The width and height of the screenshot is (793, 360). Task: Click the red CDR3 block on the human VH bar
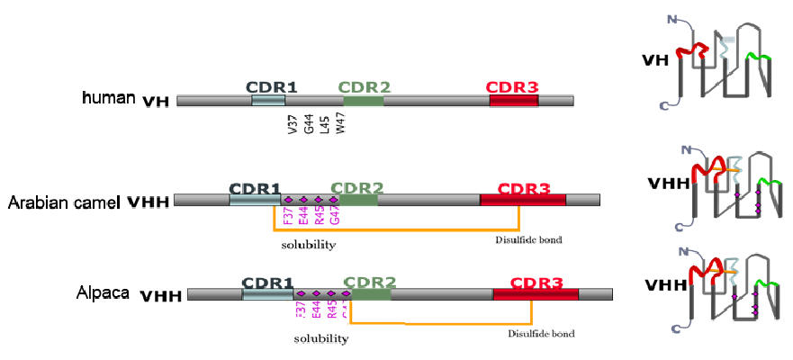click(514, 100)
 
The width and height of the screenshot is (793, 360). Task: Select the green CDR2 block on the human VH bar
click(362, 100)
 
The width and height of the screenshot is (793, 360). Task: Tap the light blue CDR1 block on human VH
click(268, 100)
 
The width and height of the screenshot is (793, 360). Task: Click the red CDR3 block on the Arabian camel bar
click(523, 200)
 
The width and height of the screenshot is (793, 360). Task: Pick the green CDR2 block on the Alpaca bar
click(372, 294)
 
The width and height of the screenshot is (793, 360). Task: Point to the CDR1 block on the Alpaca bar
click(267, 294)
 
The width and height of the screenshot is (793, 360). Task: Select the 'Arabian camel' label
click(64, 202)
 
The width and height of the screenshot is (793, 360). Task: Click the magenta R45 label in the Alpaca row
click(332, 310)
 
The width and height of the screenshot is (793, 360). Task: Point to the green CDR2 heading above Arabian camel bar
click(357, 188)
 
